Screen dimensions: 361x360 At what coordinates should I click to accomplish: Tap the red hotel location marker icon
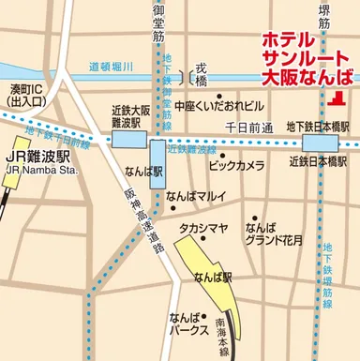337,98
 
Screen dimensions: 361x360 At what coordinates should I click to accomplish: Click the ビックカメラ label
236,165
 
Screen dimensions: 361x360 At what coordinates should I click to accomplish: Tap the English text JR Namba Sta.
38,170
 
